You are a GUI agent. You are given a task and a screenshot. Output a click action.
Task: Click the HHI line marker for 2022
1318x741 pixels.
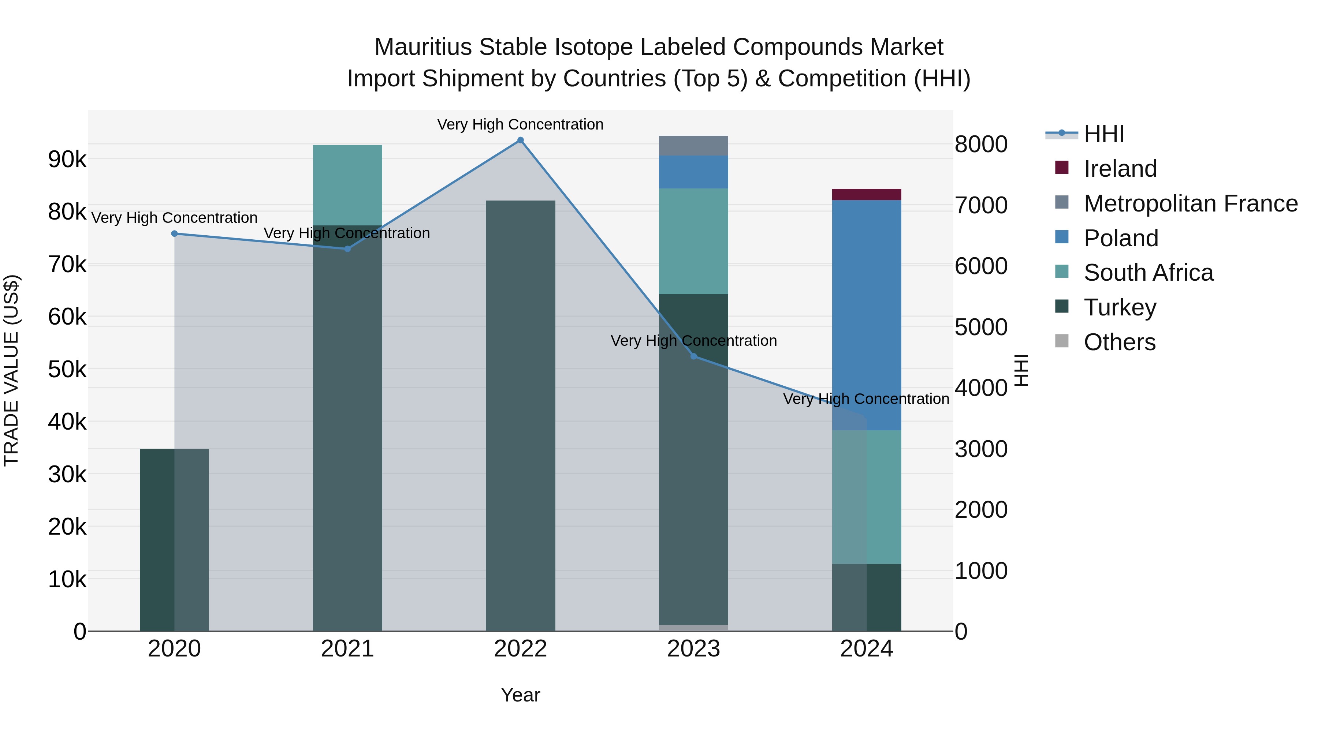(x=520, y=140)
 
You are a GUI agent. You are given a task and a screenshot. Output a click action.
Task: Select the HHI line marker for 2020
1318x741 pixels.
(x=175, y=234)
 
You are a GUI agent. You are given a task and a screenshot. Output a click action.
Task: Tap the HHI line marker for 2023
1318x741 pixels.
(x=694, y=356)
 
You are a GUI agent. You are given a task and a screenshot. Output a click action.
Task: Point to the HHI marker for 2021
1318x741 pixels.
(x=347, y=249)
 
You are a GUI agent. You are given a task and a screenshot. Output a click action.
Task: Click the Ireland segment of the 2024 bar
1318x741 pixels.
(x=866, y=194)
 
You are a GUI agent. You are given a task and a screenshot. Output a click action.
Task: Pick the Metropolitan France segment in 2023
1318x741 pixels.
(x=693, y=146)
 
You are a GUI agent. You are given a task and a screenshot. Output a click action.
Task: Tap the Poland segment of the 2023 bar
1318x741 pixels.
(x=693, y=172)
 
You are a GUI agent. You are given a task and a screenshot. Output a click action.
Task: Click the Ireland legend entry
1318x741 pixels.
(x=1120, y=169)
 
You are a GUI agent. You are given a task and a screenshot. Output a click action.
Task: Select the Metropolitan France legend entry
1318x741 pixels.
(x=1191, y=203)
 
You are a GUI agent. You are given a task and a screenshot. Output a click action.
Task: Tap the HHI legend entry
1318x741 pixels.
(x=1103, y=134)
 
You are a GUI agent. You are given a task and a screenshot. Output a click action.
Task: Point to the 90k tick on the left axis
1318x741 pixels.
(x=67, y=160)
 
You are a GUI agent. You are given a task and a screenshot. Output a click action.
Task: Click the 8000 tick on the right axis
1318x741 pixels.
(x=981, y=144)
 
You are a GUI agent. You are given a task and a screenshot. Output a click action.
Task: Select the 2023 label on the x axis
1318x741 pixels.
(x=693, y=649)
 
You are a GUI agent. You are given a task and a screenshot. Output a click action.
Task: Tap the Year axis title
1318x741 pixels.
(x=520, y=695)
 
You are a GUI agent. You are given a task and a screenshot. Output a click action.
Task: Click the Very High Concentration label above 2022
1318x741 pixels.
(x=520, y=125)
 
